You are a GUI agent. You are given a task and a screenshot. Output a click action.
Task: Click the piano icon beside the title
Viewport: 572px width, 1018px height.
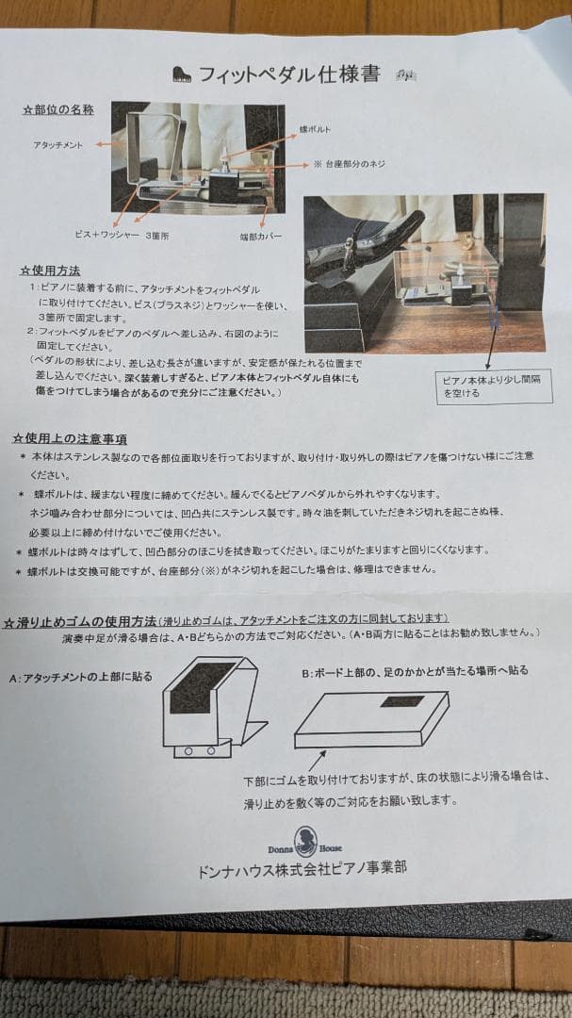click(x=182, y=74)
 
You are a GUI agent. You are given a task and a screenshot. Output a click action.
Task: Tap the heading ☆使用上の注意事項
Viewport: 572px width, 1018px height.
click(x=70, y=438)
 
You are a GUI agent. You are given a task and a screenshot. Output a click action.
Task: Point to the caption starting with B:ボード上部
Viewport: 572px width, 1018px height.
click(x=415, y=671)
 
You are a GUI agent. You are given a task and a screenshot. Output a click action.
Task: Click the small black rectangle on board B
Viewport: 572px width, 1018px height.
click(x=401, y=702)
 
